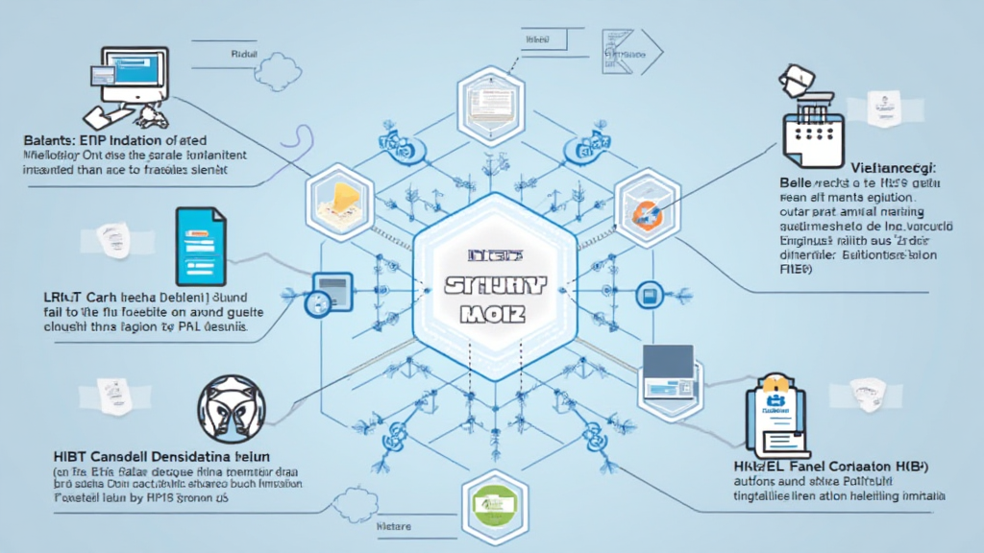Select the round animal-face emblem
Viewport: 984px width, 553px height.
[x=230, y=405]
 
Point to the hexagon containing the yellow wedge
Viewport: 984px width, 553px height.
[x=338, y=199]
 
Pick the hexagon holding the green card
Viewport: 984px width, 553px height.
[x=492, y=502]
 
